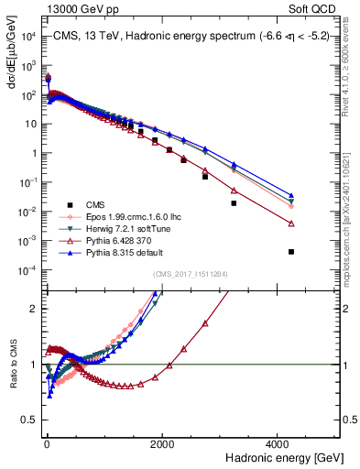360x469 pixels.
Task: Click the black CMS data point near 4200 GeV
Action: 290,252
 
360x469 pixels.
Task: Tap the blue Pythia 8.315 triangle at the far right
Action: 290,195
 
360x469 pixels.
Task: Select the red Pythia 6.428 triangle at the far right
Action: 290,224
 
